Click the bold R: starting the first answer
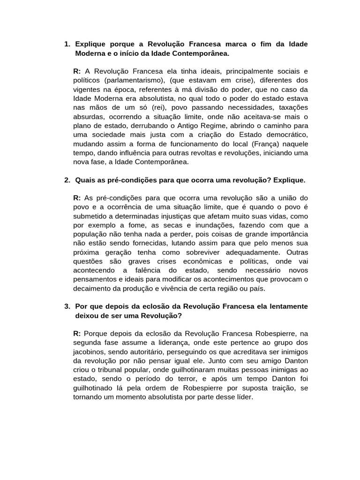coord(77,72)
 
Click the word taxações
coord(292,108)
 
